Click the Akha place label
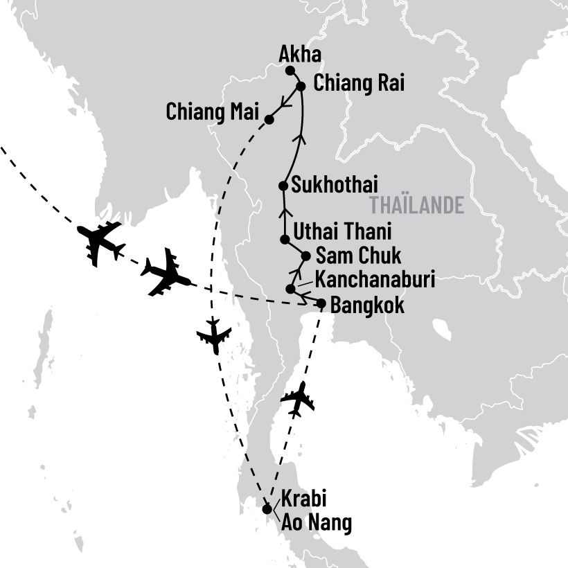coord(299,53)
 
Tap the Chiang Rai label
coord(359,84)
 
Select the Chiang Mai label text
coord(212,111)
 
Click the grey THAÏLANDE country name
coord(416,206)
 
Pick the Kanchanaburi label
coord(375,280)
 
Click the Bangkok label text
coord(367,305)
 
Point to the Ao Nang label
coord(317,524)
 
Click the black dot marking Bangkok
coord(321,303)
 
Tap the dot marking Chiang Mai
coord(269,120)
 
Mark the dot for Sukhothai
coord(283,186)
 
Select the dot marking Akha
coord(290,71)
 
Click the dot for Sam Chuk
coord(305,256)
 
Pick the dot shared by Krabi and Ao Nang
coord(268,509)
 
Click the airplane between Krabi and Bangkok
coord(298,399)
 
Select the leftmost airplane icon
coord(101,242)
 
